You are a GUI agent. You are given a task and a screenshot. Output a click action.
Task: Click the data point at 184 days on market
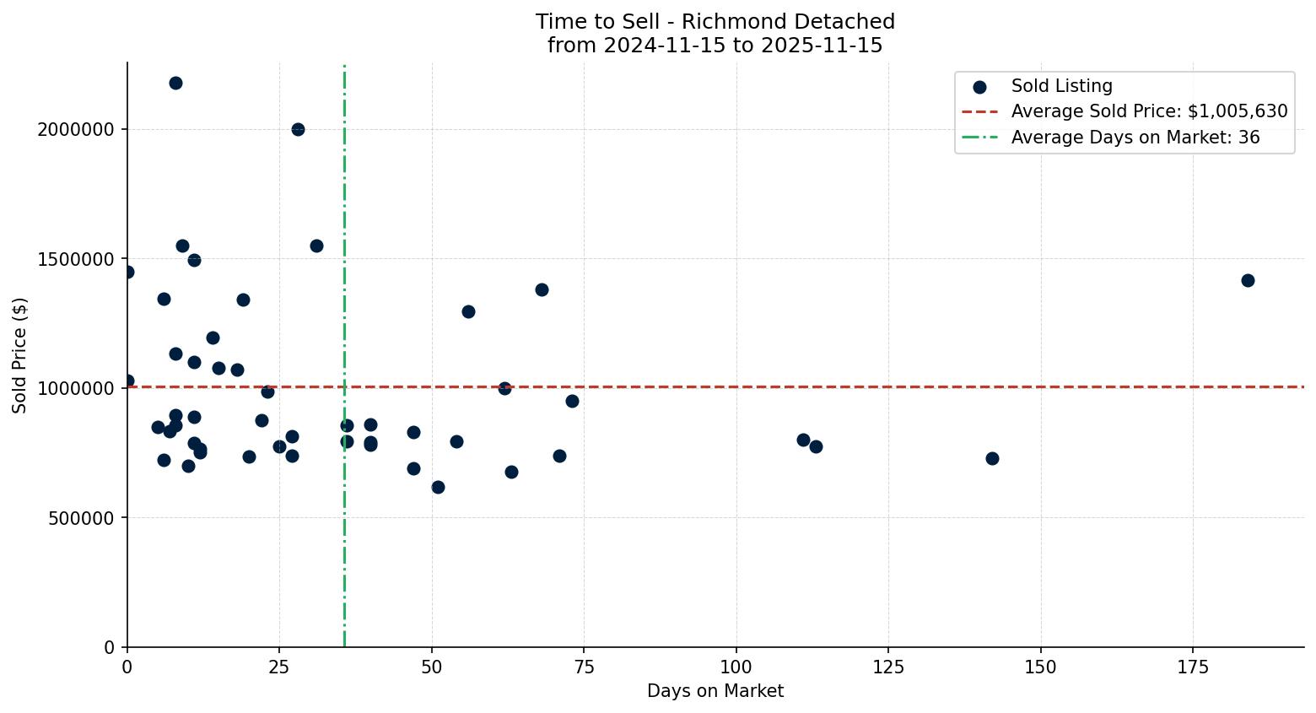pyautogui.click(x=1247, y=280)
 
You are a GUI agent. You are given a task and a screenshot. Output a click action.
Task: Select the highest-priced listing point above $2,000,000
pyautogui.click(x=175, y=83)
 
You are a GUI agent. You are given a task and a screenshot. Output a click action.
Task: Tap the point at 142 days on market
pyautogui.click(x=991, y=458)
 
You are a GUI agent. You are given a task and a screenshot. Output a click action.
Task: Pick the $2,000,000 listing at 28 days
pyautogui.click(x=298, y=129)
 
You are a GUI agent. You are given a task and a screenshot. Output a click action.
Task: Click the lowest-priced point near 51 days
pyautogui.click(x=438, y=487)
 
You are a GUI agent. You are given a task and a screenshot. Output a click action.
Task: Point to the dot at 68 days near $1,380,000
pyautogui.click(x=542, y=289)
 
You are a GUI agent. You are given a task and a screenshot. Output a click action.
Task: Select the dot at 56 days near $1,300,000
pyautogui.click(x=468, y=311)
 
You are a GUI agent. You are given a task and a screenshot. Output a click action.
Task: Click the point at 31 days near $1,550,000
pyautogui.click(x=316, y=246)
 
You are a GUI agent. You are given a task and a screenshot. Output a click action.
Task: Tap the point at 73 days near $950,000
pyautogui.click(x=572, y=401)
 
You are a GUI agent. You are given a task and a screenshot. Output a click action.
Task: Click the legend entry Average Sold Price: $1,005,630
pyautogui.click(x=1149, y=111)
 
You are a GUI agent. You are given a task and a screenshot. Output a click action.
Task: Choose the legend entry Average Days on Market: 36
pyautogui.click(x=1135, y=138)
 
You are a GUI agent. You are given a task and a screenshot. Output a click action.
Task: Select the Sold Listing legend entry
pyautogui.click(x=1061, y=86)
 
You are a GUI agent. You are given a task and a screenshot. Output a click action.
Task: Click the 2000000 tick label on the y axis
pyautogui.click(x=76, y=130)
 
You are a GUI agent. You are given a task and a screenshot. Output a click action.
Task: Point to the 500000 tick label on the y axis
pyautogui.click(x=81, y=518)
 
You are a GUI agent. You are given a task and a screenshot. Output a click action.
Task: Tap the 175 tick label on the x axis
pyautogui.click(x=1193, y=667)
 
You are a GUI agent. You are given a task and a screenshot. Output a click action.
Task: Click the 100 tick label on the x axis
pyautogui.click(x=736, y=667)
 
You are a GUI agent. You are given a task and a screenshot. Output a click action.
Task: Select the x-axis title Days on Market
pyautogui.click(x=715, y=691)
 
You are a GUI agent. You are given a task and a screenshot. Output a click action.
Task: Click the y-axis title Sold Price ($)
pyautogui.click(x=20, y=355)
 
